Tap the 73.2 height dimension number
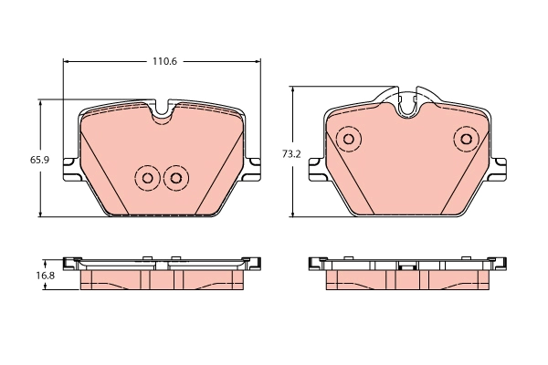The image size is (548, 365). (x=290, y=154)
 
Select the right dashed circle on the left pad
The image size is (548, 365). (x=175, y=177)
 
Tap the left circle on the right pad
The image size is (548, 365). (x=347, y=140)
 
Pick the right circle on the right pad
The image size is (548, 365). (x=466, y=140)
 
